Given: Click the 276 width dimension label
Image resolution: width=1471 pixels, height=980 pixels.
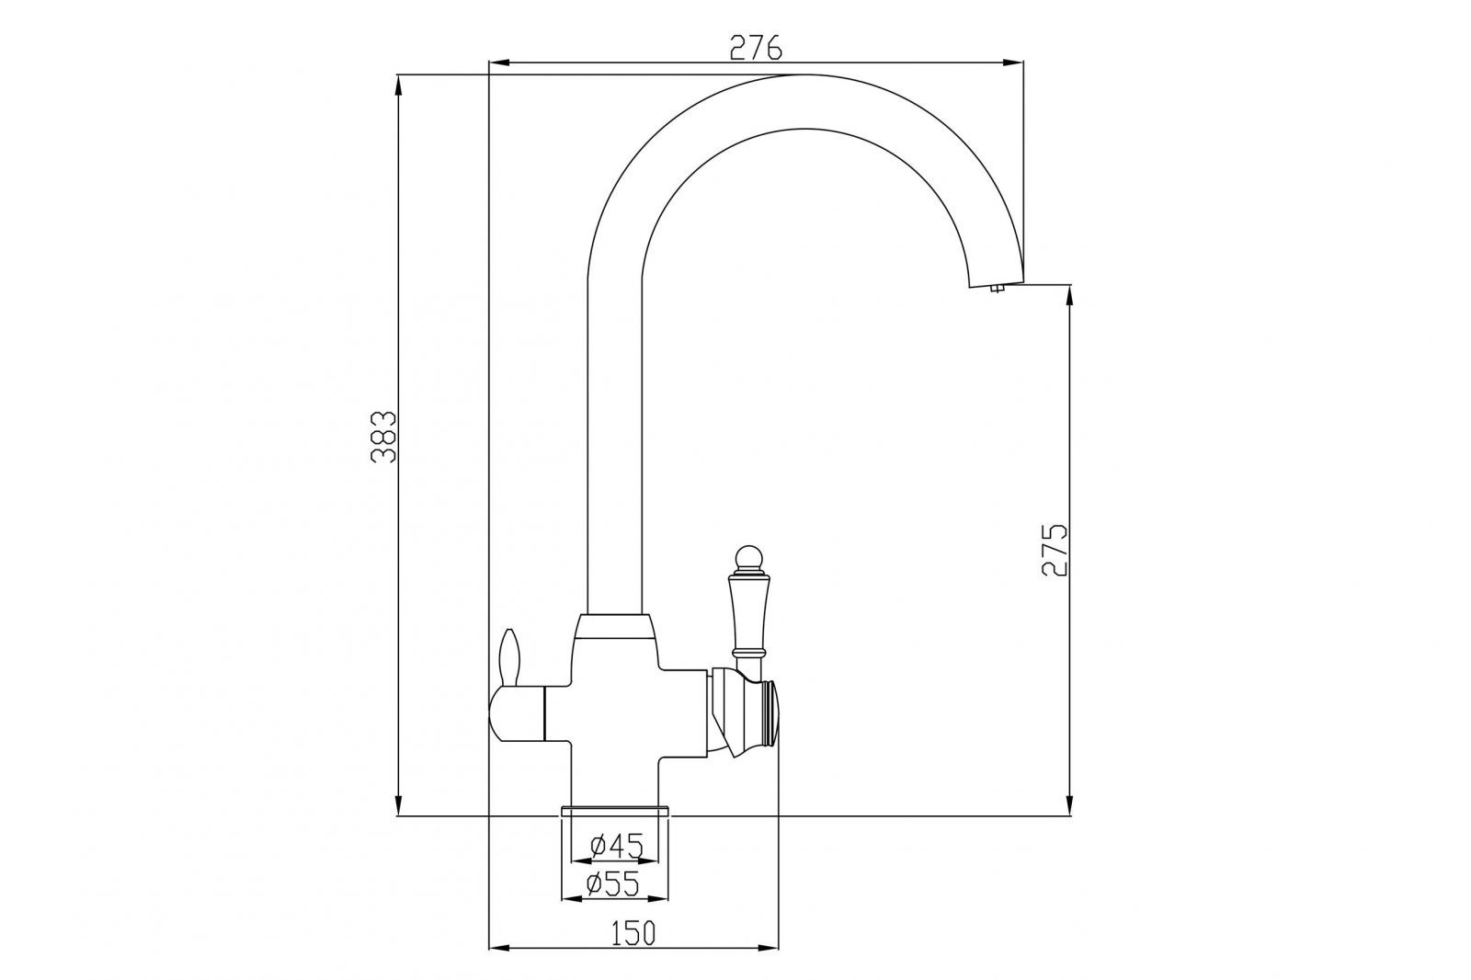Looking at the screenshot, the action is (756, 47).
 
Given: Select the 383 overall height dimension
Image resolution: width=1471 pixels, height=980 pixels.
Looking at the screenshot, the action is (383, 438).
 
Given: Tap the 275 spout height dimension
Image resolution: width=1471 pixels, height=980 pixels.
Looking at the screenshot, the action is (1055, 550).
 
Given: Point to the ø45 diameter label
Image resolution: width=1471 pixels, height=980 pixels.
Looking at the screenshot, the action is (615, 846).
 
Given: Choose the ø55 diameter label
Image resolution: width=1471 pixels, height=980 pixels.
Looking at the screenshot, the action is (612, 884).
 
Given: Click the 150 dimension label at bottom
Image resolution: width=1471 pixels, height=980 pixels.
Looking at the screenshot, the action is (633, 933).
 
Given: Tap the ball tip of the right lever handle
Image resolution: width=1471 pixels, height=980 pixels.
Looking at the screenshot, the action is (748, 557).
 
